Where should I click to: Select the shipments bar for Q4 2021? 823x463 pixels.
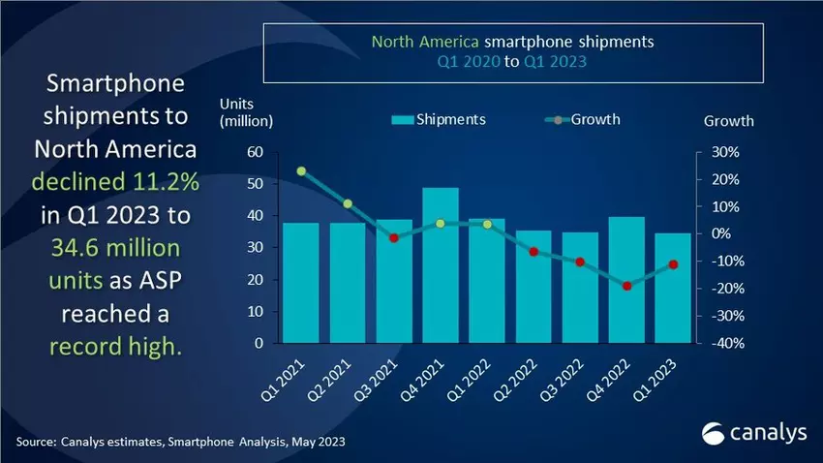[441, 264]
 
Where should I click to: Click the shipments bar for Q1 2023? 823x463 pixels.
[673, 288]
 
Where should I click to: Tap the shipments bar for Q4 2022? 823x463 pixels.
[626, 279]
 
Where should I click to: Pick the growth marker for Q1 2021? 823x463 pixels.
[301, 171]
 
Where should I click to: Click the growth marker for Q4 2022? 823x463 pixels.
[626, 286]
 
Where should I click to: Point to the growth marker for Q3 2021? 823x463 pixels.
[394, 237]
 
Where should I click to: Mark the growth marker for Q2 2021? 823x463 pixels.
[348, 203]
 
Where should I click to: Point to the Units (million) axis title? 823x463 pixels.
[247, 112]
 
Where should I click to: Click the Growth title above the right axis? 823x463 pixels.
[728, 121]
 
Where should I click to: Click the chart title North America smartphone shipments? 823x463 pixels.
[513, 43]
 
